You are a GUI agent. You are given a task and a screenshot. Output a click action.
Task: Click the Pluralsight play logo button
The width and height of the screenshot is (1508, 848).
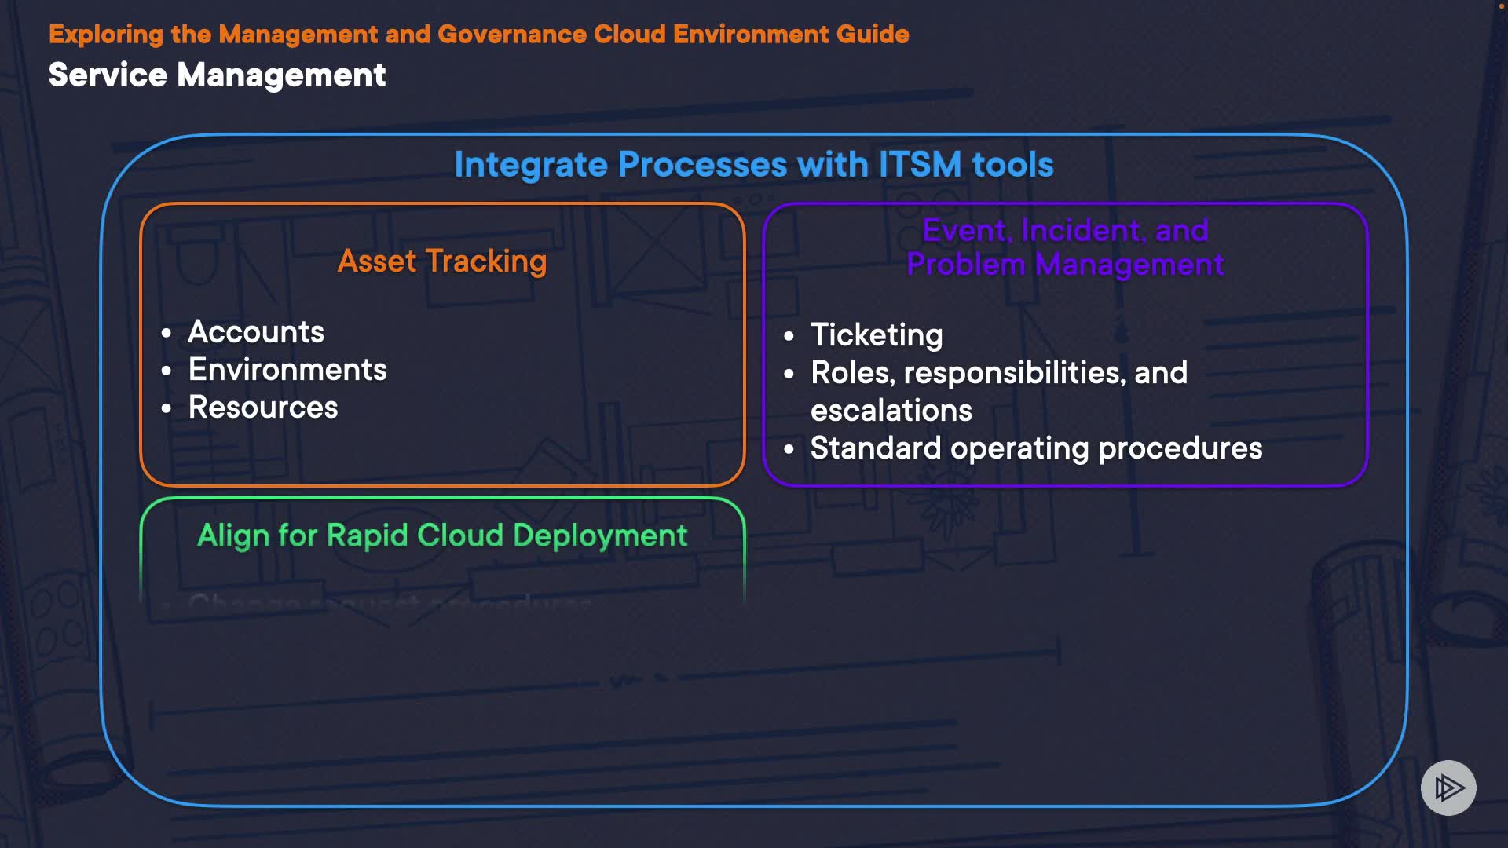point(1448,788)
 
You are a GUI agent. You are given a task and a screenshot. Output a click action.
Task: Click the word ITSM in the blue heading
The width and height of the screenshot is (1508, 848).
point(920,165)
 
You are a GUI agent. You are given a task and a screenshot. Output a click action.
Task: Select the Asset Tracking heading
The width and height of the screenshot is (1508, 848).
point(442,261)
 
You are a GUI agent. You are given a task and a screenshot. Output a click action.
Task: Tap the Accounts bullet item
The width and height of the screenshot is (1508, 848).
point(256,332)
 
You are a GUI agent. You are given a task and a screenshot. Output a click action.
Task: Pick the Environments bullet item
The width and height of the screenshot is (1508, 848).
point(287,370)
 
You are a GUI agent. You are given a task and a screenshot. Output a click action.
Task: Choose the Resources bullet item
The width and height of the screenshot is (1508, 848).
point(263,408)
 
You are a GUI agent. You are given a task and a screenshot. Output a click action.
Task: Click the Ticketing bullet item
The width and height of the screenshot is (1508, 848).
point(877,335)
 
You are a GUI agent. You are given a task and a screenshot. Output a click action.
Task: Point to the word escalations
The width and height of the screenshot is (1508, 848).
point(891,411)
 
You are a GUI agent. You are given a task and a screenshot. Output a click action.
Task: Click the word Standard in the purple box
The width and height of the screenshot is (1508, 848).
point(876,448)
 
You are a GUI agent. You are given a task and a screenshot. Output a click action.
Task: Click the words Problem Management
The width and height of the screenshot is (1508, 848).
point(1065,265)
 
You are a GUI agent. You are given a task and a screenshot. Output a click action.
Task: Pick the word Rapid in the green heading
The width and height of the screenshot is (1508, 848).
point(368,535)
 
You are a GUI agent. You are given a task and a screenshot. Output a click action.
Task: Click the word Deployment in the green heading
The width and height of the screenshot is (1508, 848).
point(600,535)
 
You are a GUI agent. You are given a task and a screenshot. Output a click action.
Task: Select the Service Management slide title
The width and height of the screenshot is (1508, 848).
point(217,75)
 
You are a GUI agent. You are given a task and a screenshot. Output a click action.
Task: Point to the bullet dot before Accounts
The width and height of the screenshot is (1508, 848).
point(167,334)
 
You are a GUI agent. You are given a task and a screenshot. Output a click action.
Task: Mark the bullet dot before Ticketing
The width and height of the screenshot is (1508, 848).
point(789,337)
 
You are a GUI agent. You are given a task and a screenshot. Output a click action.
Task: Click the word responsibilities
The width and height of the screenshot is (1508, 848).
point(1015,373)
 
